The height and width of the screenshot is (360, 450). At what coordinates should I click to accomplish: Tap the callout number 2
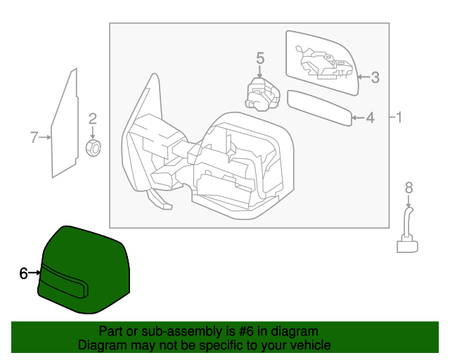[x=92, y=119]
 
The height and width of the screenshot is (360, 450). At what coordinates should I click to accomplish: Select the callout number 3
[x=375, y=77]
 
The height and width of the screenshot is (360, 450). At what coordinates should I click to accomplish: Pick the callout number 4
[x=371, y=118]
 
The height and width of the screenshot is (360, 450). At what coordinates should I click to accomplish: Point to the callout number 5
[x=259, y=58]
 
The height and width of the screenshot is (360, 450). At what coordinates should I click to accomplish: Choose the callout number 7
[x=33, y=137]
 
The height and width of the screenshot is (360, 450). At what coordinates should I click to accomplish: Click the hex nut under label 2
[x=93, y=147]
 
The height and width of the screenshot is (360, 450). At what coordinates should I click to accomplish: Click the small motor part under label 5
[x=260, y=94]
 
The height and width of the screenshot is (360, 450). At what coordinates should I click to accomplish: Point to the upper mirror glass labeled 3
[x=323, y=63]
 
